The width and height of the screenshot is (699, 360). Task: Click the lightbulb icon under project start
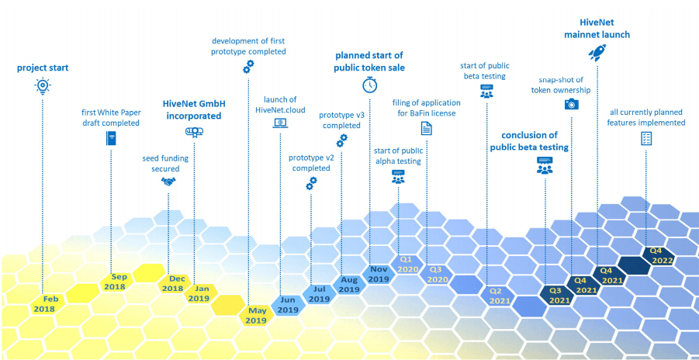[x=43, y=86]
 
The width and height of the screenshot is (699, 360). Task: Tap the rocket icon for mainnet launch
[x=597, y=53]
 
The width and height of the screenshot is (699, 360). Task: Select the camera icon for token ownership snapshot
[x=571, y=103]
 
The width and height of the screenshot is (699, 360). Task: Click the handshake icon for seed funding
[x=168, y=181]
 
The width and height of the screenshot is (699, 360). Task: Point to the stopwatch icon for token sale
[x=369, y=85]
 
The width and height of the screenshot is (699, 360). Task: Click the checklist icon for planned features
[x=645, y=137]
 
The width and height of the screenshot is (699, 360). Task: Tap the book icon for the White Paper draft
[x=111, y=139]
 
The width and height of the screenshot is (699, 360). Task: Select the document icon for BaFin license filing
[x=426, y=129]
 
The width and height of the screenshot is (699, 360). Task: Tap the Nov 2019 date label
[x=378, y=273]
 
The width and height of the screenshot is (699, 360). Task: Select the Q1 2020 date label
[x=407, y=264]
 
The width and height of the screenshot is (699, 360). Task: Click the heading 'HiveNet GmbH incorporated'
[x=194, y=109]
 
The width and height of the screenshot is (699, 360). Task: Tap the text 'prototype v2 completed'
[x=310, y=163]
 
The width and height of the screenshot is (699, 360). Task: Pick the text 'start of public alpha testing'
[x=398, y=155]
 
